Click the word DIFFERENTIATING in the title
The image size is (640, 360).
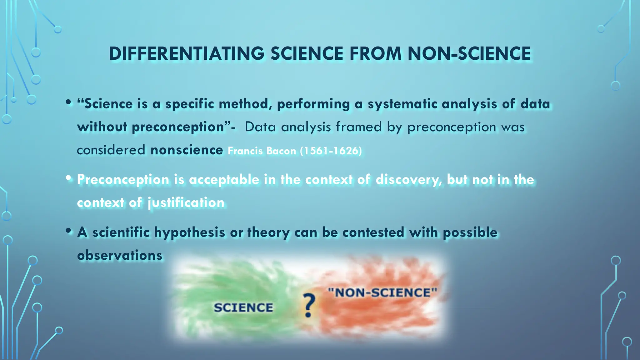[x=187, y=53]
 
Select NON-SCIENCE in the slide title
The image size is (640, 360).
[x=469, y=53]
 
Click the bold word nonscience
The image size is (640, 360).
[x=187, y=150]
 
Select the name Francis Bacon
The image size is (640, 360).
[x=262, y=151]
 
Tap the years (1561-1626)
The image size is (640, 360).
[x=331, y=151]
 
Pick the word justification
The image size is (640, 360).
[x=186, y=203]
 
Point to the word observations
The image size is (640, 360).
[x=120, y=256]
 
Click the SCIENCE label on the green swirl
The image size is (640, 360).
[x=243, y=307]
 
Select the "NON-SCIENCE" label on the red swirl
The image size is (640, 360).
[x=382, y=293]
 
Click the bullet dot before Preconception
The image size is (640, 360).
[x=68, y=178]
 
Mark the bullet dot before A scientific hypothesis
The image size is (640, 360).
[x=68, y=231]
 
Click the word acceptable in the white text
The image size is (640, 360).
[x=224, y=180]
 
